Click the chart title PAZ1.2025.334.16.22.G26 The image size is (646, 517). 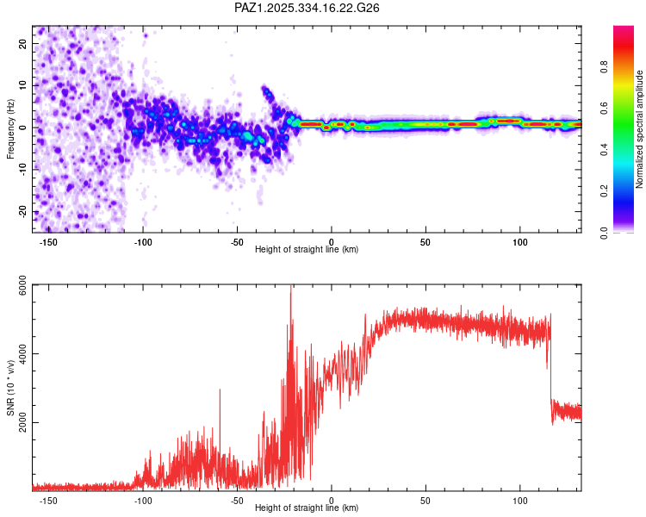[307, 8]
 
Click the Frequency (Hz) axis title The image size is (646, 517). [11, 128]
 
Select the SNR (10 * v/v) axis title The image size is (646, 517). [11, 388]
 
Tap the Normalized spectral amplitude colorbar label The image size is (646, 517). [639, 128]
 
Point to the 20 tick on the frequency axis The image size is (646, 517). [23, 43]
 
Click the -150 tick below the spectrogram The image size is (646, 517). [48, 241]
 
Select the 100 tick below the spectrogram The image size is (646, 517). [519, 241]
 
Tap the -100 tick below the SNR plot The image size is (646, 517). [143, 500]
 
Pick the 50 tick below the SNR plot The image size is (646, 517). [425, 500]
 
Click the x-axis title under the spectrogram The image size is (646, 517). [307, 250]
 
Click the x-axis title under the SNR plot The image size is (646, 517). [307, 508]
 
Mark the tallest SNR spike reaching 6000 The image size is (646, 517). [291, 289]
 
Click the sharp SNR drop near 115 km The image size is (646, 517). [551, 371]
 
